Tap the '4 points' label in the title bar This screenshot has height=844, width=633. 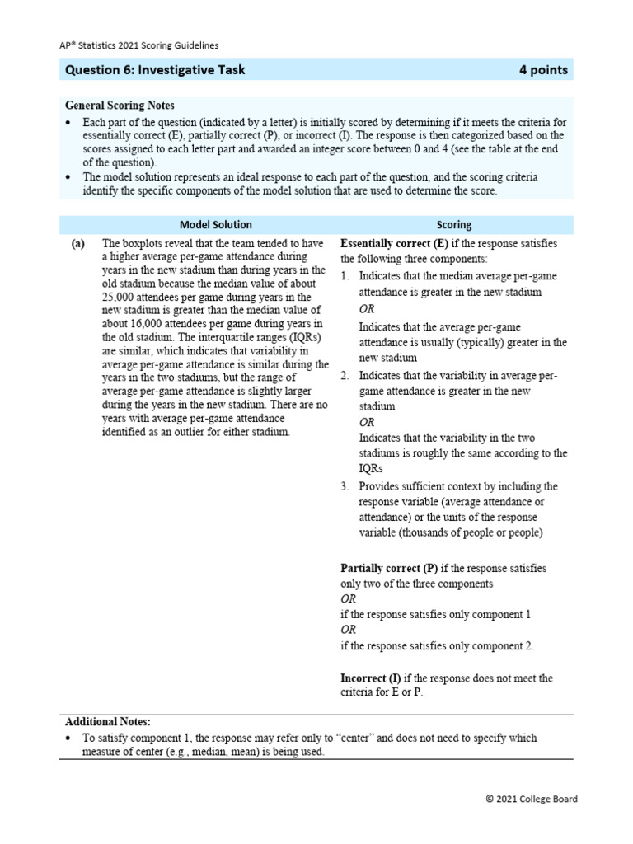tap(543, 70)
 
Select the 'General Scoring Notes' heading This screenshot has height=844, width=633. tap(120, 105)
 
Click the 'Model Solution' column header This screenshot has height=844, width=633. tap(216, 224)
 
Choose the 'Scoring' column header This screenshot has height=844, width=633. tap(453, 224)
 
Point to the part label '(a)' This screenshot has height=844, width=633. tap(79, 244)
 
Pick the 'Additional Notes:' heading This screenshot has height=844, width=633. tap(108, 721)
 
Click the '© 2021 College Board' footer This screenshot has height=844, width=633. tap(532, 799)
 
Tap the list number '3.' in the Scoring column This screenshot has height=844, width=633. tap(346, 486)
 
